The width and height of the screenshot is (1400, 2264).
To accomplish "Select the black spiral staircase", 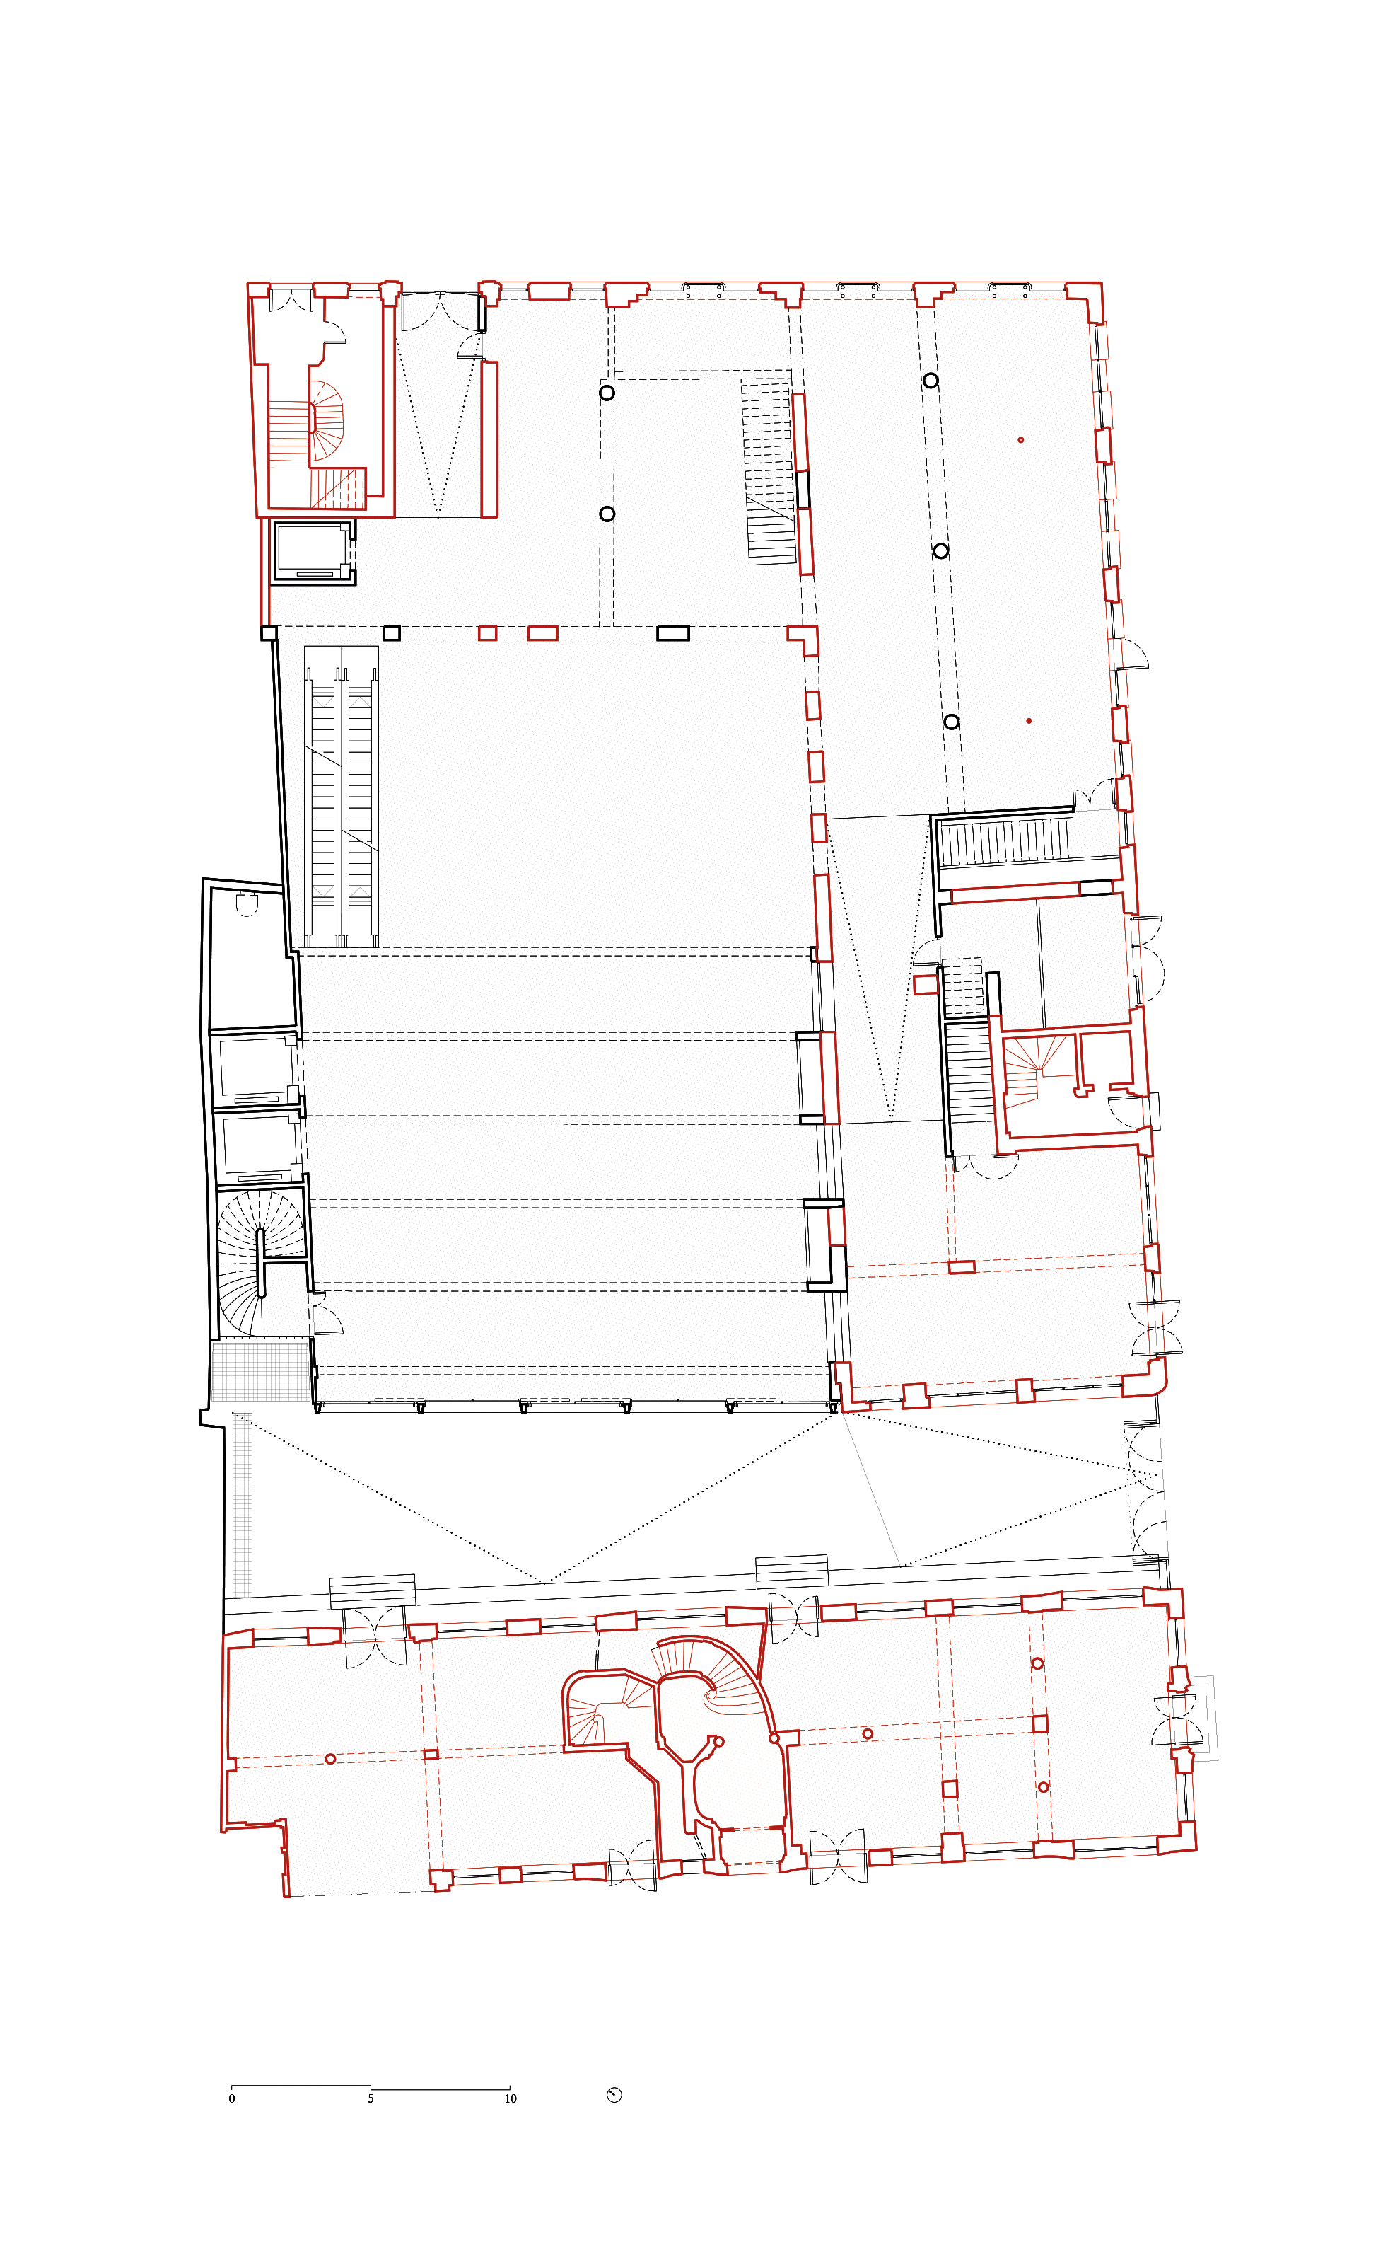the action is pos(261,1264).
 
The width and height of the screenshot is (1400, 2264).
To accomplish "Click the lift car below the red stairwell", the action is pos(312,551).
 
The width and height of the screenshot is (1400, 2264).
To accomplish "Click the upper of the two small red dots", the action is pos(1021,440).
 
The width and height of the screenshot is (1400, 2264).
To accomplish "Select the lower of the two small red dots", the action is pos(1029,721).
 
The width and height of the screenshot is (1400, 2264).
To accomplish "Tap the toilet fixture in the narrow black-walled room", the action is pos(245,903).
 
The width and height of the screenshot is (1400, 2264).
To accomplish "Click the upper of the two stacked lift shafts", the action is pos(254,1069).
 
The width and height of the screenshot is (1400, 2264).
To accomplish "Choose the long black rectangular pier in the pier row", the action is pos(673,634).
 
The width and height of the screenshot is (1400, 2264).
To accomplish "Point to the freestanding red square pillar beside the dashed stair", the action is pos(925,984).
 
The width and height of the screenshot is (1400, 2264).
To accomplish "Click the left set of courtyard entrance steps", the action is pos(372,1590).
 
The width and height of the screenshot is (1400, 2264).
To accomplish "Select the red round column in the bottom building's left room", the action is pos(331,1759).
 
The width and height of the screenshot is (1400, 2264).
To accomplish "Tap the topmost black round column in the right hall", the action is pos(931,381).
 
